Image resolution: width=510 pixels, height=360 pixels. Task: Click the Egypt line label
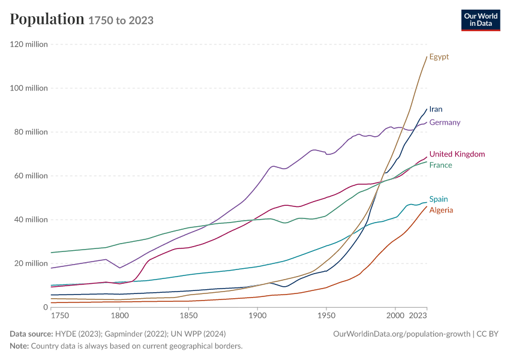point(439,57)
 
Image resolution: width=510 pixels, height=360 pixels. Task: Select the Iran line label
point(436,109)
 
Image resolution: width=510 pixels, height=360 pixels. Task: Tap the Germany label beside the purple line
point(445,122)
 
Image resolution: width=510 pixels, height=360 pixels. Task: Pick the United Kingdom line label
point(457,154)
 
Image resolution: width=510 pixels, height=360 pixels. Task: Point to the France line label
point(441,165)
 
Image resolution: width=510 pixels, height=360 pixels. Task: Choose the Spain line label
point(439,199)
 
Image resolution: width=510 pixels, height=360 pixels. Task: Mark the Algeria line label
point(441,210)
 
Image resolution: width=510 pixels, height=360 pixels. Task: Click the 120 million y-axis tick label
point(29,44)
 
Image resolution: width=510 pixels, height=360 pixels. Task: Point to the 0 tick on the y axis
point(46,307)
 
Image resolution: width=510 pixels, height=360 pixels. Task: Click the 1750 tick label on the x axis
point(60,316)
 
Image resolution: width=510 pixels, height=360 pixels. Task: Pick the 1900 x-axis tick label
point(257,316)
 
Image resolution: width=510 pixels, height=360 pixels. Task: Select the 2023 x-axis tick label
point(418,316)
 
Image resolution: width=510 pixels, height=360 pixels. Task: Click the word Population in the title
point(47,19)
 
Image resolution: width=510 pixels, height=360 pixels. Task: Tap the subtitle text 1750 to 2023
point(121,20)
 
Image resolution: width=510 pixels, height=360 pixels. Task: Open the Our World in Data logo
point(481,20)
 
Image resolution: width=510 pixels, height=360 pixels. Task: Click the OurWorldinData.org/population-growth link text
point(401,334)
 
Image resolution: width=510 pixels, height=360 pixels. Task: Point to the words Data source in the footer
point(31,334)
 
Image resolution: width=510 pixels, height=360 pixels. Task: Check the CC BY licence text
point(487,334)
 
